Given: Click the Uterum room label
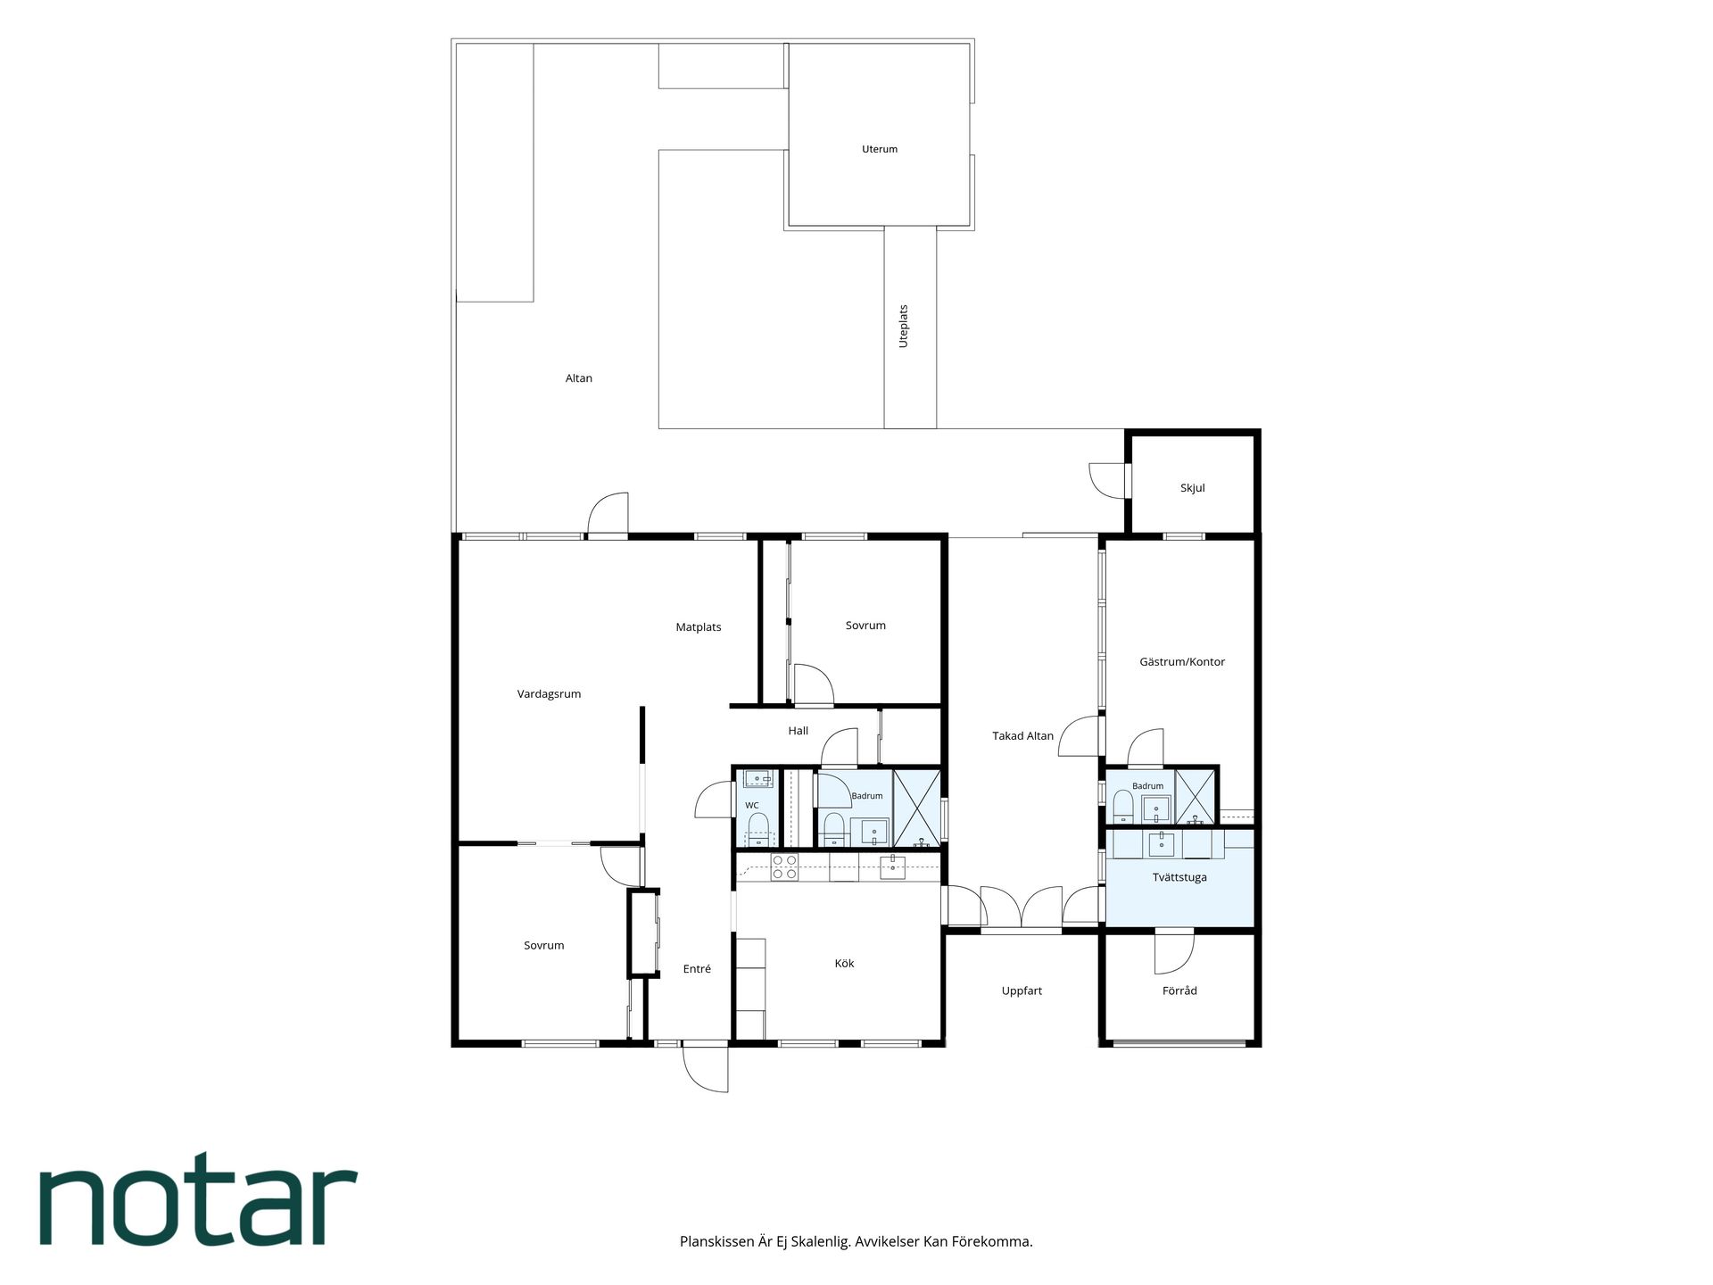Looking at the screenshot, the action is (879, 149).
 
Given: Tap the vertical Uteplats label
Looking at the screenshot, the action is (903, 326).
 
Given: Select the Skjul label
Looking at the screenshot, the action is (1192, 488).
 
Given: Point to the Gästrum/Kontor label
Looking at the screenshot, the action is (1182, 661).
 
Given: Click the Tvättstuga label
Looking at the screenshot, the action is (1179, 877).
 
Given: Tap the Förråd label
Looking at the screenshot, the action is (1179, 991).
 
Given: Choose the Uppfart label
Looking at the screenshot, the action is (1022, 991).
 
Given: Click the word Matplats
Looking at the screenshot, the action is (699, 627).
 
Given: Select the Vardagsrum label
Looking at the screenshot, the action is (549, 693).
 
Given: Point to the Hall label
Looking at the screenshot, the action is (798, 731).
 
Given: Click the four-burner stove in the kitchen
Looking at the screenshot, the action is (784, 867).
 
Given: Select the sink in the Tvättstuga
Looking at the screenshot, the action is (1163, 842).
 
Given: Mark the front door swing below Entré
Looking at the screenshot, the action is (705, 1067).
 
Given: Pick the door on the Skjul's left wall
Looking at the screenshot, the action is (1107, 480).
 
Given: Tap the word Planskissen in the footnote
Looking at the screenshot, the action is (717, 1241).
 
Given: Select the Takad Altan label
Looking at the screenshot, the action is (1022, 736).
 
